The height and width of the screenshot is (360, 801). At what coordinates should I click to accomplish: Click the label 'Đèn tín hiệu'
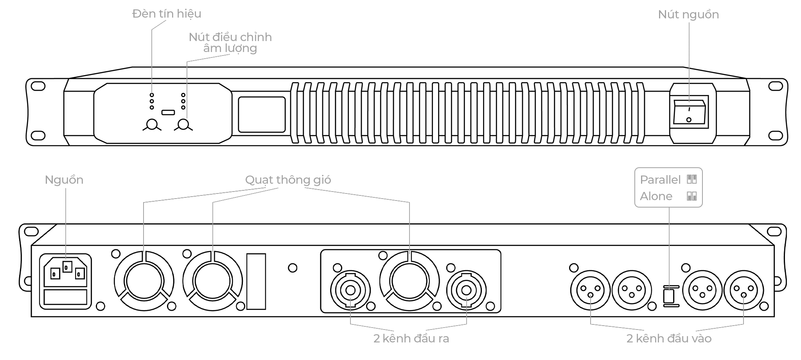(x=167, y=14)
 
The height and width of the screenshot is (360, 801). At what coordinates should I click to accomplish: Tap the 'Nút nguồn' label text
(x=688, y=15)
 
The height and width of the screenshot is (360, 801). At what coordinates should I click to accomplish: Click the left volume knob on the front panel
(x=152, y=125)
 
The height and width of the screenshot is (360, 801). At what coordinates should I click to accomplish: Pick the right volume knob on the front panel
(x=183, y=125)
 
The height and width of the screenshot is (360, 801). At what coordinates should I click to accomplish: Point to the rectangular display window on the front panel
(x=262, y=115)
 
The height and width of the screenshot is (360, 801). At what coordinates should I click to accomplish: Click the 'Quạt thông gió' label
(x=288, y=180)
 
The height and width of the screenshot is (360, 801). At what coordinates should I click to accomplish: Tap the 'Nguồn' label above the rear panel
(x=64, y=180)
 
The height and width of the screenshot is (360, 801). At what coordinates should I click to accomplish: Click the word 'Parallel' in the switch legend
(x=660, y=180)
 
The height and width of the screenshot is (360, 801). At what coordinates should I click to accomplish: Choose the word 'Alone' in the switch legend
(x=656, y=196)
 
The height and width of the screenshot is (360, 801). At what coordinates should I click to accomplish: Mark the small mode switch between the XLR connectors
(x=669, y=296)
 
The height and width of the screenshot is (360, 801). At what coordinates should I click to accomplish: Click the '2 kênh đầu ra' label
(x=411, y=339)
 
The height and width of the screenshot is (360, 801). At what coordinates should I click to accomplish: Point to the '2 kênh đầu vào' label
(x=669, y=339)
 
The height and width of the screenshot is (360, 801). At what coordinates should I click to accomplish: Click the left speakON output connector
(x=350, y=290)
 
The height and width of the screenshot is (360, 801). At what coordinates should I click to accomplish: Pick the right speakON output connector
(x=466, y=290)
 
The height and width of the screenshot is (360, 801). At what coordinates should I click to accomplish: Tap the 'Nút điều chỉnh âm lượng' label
(x=230, y=43)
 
